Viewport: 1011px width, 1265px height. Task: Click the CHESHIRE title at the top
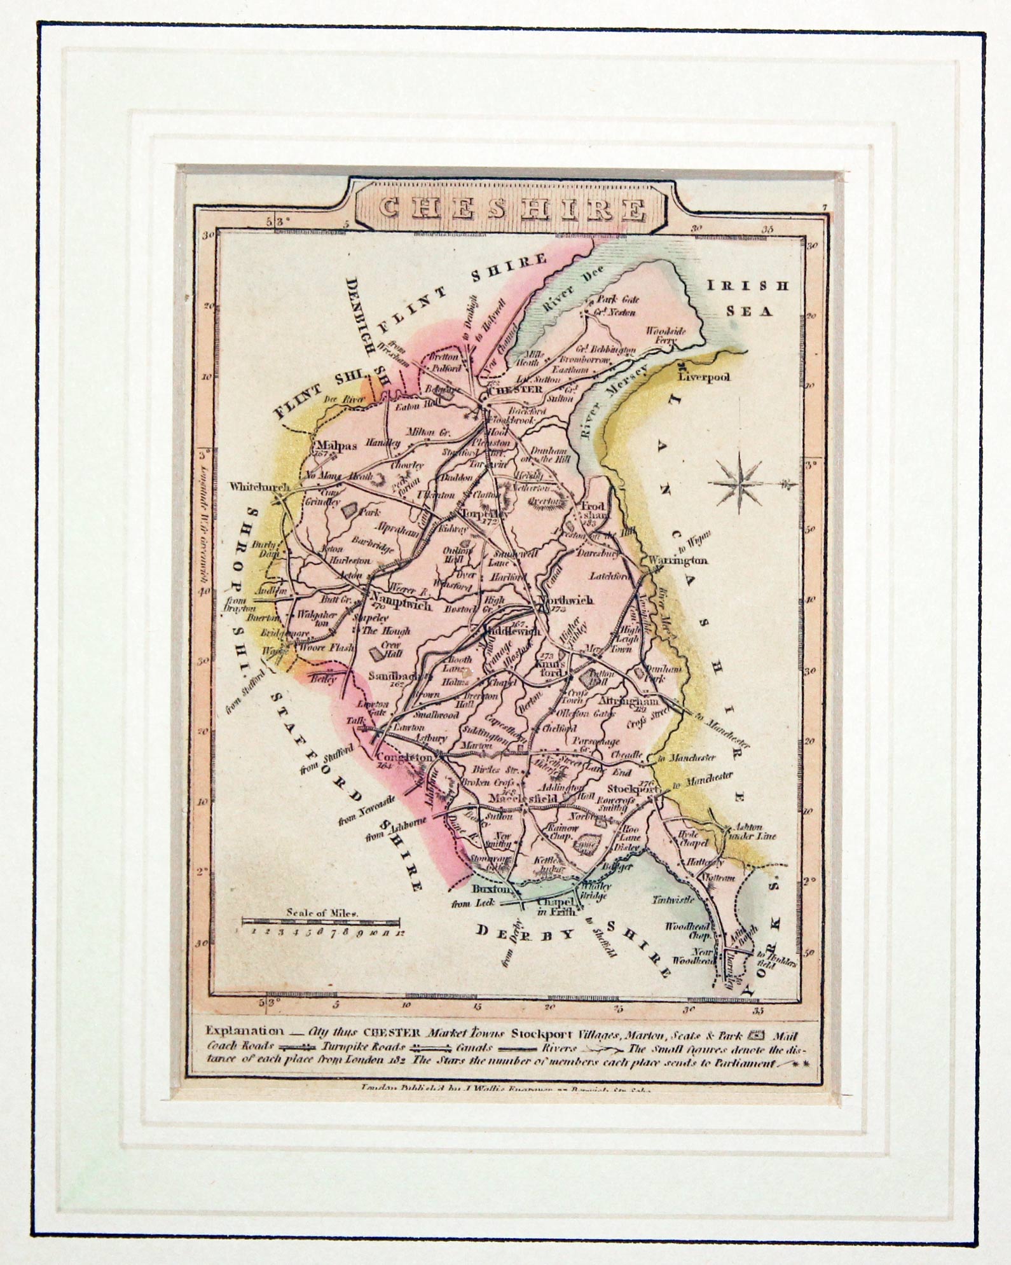tap(511, 208)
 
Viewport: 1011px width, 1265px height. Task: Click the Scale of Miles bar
tap(320, 922)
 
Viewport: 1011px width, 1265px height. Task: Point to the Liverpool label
tap(704, 377)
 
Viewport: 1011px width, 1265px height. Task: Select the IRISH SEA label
tap(748, 298)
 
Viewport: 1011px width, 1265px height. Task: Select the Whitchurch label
tap(259, 487)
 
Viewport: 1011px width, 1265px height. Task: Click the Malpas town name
tap(334, 445)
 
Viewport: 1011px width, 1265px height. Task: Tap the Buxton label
tap(491, 888)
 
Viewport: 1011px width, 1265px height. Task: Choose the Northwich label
tap(565, 600)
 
